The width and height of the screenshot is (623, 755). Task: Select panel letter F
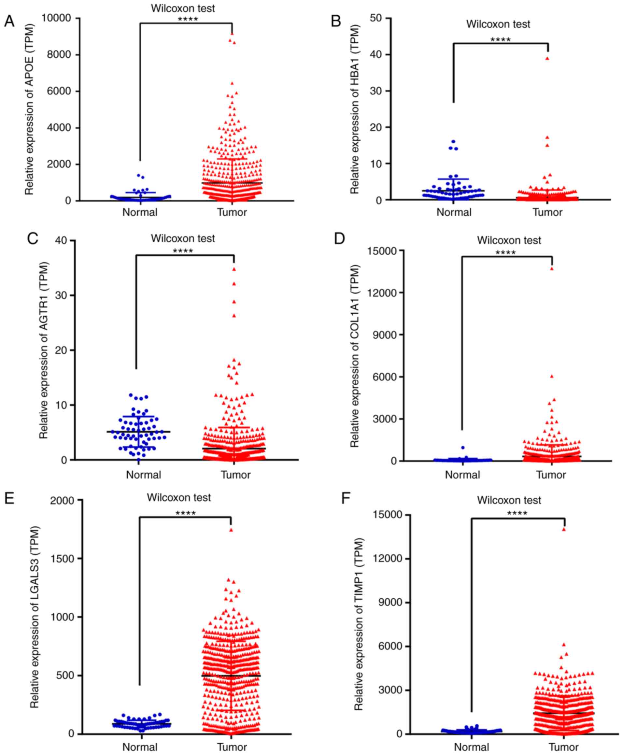(346, 498)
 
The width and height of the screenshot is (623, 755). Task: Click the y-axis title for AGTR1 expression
(43, 350)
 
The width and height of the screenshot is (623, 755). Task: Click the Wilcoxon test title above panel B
(498, 24)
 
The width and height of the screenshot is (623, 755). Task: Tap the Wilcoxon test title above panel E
(179, 498)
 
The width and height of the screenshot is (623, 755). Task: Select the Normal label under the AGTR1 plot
(144, 475)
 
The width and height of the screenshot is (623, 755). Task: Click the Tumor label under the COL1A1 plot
(551, 475)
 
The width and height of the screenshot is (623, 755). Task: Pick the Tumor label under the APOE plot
(232, 212)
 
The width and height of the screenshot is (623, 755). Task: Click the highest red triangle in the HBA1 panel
(547, 58)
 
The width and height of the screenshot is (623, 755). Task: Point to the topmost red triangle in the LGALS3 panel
(232, 530)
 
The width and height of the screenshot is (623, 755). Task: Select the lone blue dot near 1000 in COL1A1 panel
(463, 448)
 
